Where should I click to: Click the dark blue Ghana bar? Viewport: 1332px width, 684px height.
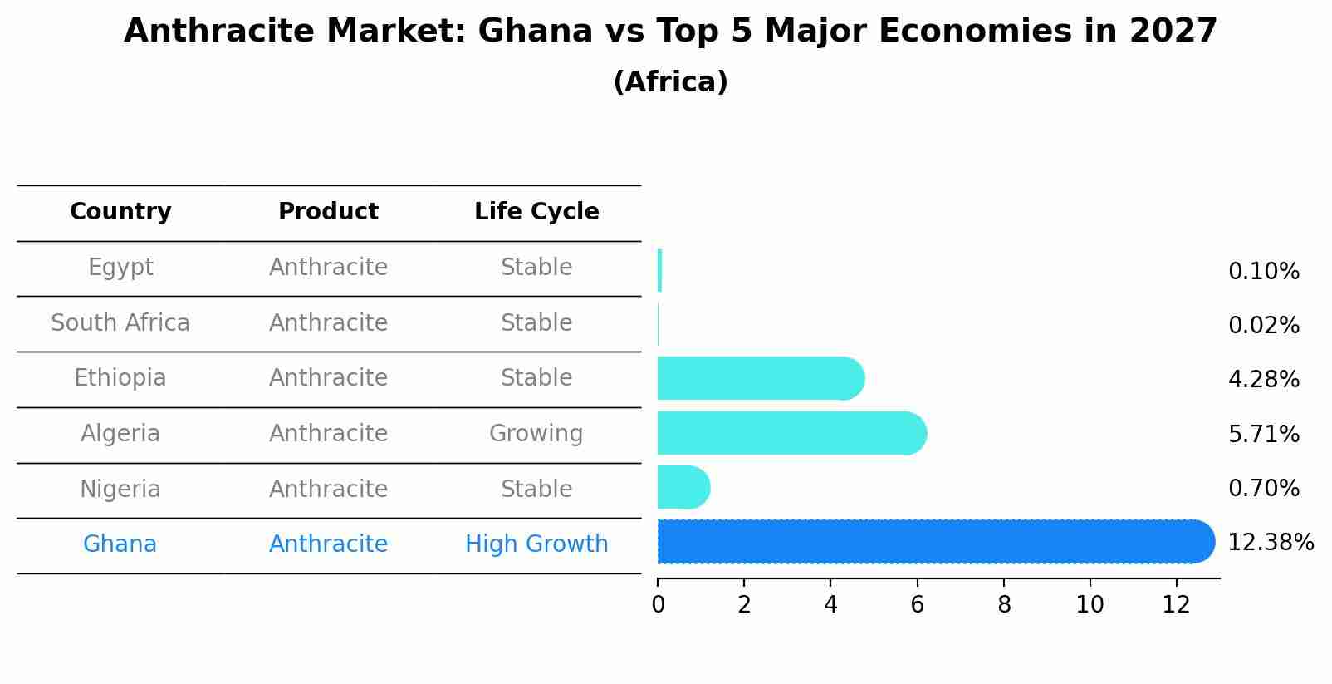[934, 542]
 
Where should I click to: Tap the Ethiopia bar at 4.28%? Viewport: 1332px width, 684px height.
[760, 378]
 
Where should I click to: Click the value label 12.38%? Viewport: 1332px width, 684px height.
[1270, 543]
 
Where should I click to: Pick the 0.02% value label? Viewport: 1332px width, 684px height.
[1263, 326]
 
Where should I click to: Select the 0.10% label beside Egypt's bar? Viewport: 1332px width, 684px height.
[1263, 272]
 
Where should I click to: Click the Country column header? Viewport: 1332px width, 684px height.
[120, 212]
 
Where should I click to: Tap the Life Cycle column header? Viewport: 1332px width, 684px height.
[536, 212]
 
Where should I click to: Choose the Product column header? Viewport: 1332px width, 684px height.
[328, 212]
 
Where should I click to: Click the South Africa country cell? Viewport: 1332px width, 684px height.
[120, 322]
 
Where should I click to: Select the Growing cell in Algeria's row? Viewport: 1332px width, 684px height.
[536, 433]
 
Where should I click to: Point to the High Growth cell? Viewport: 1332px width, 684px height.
[536, 544]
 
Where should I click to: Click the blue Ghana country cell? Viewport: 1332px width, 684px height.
[120, 544]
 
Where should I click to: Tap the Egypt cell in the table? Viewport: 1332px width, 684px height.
[120, 268]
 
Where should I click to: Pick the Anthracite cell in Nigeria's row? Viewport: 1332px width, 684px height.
[328, 489]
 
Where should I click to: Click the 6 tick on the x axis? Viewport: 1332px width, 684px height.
[917, 604]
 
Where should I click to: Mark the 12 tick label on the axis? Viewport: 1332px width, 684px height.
[1176, 604]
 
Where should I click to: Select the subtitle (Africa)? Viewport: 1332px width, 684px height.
[670, 82]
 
